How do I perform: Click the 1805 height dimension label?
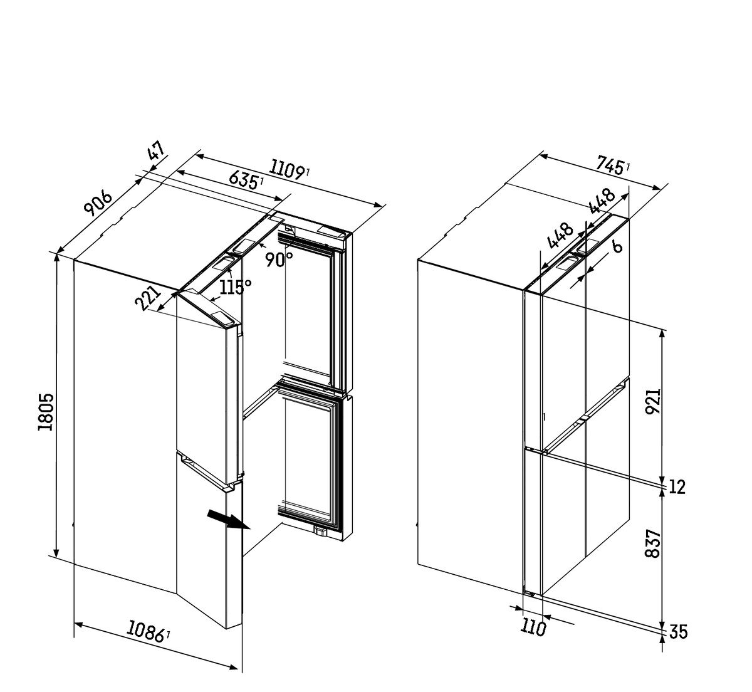pos(46,412)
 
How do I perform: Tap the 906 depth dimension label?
pos(98,204)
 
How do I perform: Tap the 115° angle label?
pos(236,287)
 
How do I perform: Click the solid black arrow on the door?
pos(228,520)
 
